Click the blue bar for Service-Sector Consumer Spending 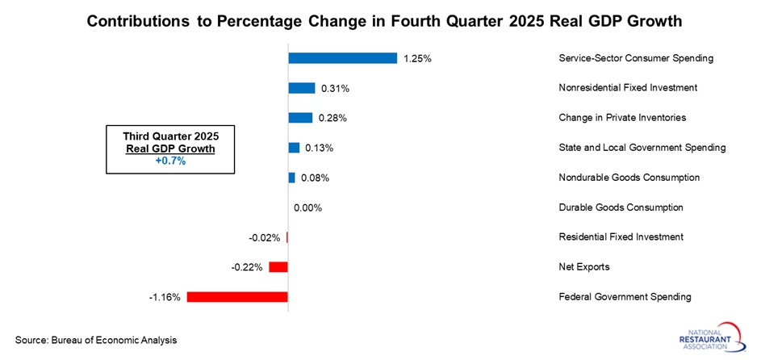click(x=342, y=58)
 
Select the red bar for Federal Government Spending click(x=237, y=297)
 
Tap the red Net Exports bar click(x=278, y=267)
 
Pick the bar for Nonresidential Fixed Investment click(x=302, y=88)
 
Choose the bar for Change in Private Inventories click(x=300, y=118)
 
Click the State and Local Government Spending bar click(x=295, y=148)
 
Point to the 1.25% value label click(x=418, y=58)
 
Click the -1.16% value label click(x=165, y=297)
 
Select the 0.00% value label click(x=307, y=207)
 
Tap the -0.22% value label click(x=246, y=267)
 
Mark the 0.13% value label click(x=318, y=148)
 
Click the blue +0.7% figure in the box click(x=170, y=161)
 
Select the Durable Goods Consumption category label click(x=621, y=207)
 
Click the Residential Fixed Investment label click(x=621, y=237)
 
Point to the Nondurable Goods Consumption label click(x=629, y=178)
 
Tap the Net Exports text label click(x=584, y=267)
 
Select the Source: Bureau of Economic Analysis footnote click(x=95, y=341)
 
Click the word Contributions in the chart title click(x=136, y=22)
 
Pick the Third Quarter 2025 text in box click(x=170, y=136)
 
